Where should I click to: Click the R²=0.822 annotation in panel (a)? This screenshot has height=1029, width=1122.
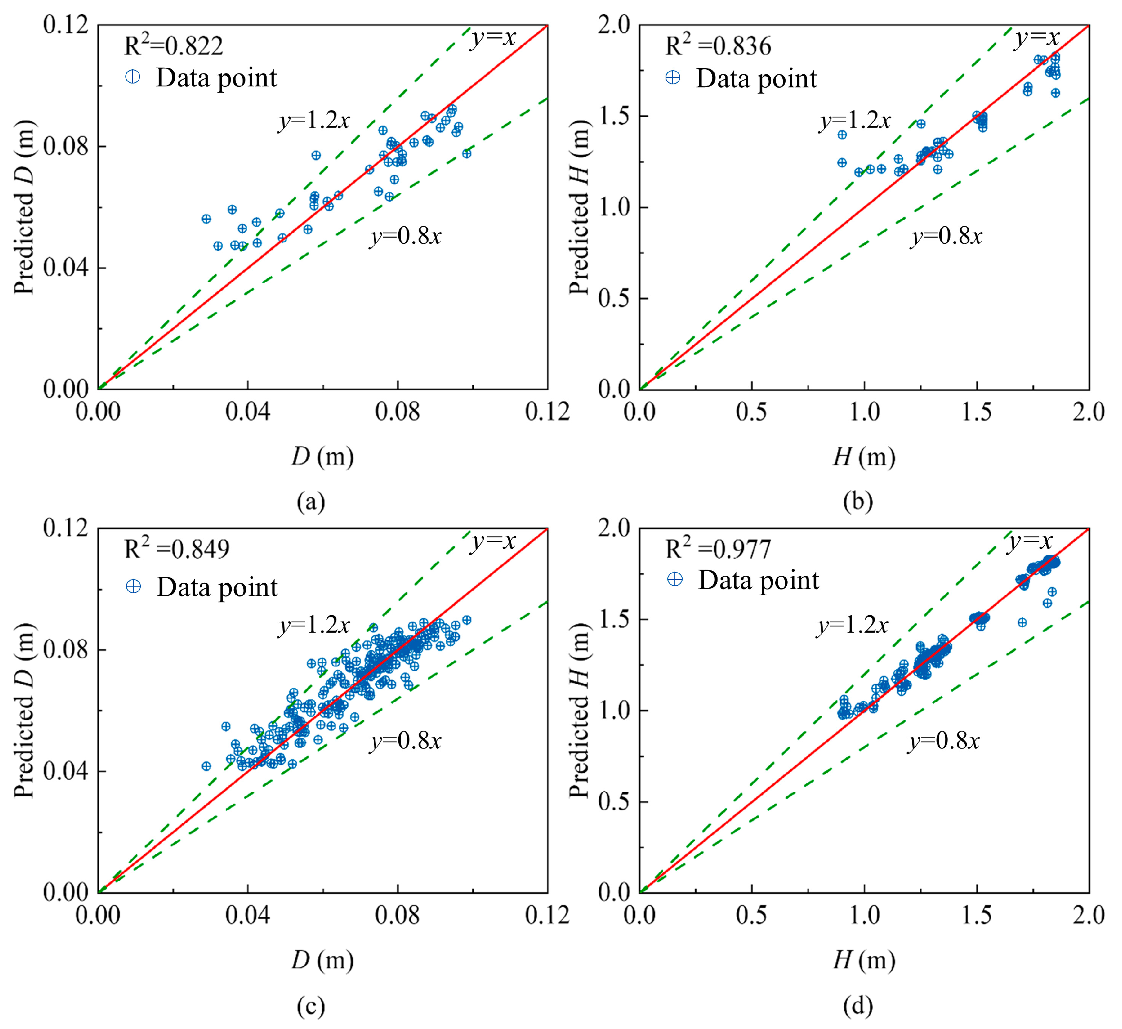point(173,46)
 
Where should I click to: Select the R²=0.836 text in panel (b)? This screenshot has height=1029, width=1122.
point(718,46)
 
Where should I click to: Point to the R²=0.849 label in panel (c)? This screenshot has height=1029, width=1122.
point(176,549)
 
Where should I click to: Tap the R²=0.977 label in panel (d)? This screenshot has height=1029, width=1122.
point(718,549)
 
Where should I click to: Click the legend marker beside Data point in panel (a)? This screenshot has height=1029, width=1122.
point(133,77)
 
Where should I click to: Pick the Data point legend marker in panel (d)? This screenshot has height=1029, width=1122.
point(674,580)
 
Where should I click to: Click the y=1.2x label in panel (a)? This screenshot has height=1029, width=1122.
point(314,120)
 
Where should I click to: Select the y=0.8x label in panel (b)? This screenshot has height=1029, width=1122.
point(946,236)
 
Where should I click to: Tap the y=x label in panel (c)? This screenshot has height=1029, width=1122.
point(493,541)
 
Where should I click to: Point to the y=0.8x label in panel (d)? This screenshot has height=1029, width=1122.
point(943,741)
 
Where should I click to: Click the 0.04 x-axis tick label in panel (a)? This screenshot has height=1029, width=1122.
point(247,413)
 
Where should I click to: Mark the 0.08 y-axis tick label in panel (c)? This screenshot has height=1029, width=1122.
point(66,649)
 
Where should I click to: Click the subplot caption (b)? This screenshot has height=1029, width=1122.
point(857,502)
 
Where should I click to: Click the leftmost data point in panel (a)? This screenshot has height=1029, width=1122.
point(206,219)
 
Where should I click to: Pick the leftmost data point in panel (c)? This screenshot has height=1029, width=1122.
point(206,766)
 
